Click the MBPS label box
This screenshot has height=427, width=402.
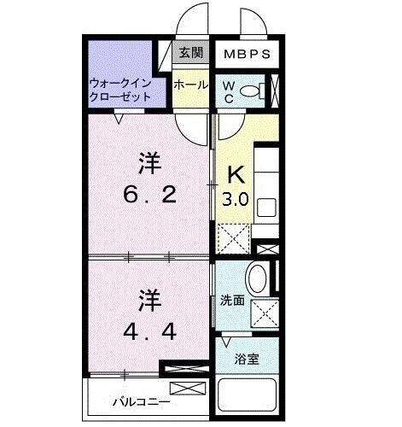tap(248, 54)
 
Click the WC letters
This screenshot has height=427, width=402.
tap(230, 90)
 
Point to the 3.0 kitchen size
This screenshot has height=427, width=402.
tap(236, 202)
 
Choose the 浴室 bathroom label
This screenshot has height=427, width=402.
tap(248, 359)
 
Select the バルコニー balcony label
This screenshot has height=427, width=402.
tap(141, 400)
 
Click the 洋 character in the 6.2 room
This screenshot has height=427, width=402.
tap(150, 162)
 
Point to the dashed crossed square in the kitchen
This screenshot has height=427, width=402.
tap(232, 235)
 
